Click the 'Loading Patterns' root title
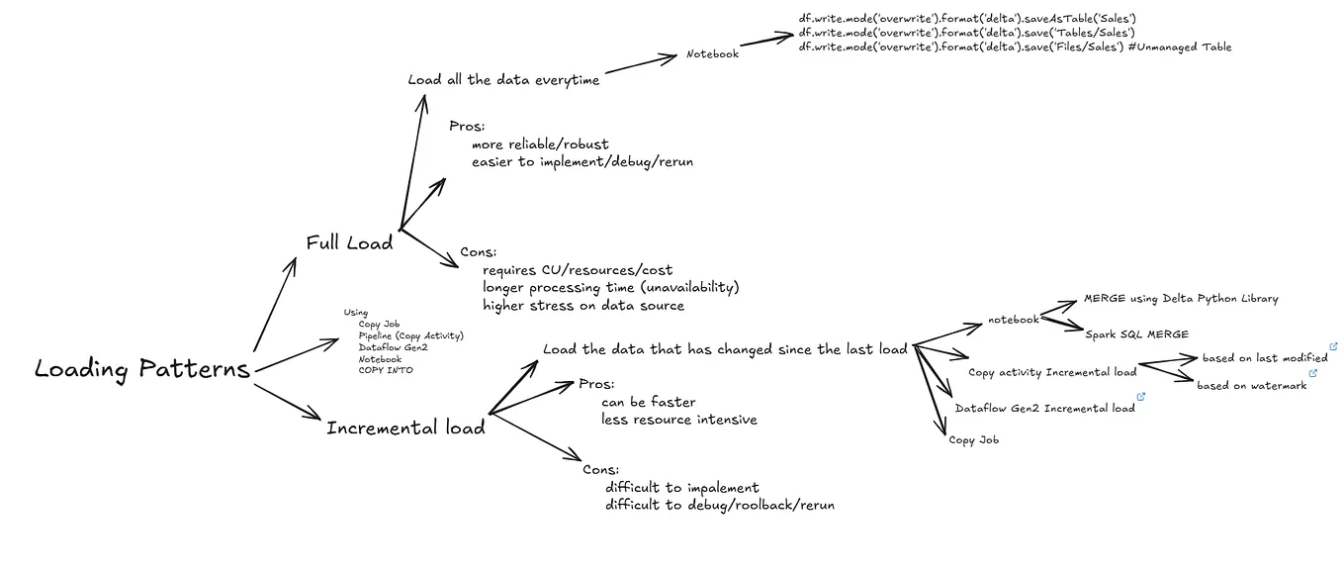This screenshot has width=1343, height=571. pyautogui.click(x=142, y=370)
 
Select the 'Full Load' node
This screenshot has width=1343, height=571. pyautogui.click(x=349, y=242)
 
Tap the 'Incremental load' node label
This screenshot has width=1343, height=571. pyautogui.click(x=405, y=428)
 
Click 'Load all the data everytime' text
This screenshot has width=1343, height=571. pyautogui.click(x=503, y=80)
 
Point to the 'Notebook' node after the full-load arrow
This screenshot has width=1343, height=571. pyautogui.click(x=712, y=54)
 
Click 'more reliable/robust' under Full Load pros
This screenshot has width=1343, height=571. pyautogui.click(x=540, y=144)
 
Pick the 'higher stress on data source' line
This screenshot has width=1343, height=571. pyautogui.click(x=583, y=305)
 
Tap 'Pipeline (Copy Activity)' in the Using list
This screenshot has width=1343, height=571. pyautogui.click(x=410, y=335)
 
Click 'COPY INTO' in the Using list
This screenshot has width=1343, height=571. pyautogui.click(x=386, y=370)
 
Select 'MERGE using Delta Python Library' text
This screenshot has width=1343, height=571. pyautogui.click(x=1181, y=298)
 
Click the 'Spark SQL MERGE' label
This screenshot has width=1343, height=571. pyautogui.click(x=1136, y=334)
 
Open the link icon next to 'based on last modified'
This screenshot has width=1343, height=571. pyautogui.click(x=1334, y=346)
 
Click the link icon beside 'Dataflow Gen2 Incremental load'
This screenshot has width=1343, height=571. pyautogui.click(x=1141, y=397)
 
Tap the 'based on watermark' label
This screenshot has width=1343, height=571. pyautogui.click(x=1251, y=385)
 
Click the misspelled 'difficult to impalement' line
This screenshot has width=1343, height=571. pyautogui.click(x=681, y=487)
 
